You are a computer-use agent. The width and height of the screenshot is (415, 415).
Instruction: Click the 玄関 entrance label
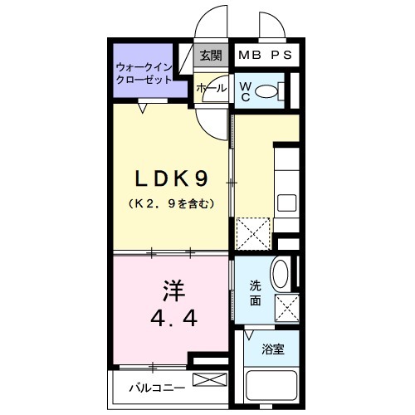tap(211, 56)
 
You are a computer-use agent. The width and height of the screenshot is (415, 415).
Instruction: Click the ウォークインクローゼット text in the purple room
tap(144, 73)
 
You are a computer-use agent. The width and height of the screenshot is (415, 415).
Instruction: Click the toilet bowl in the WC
tap(267, 91)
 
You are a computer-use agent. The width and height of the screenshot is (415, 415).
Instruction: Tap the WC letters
tap(246, 90)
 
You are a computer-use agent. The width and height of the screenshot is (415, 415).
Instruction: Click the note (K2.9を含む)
tap(172, 203)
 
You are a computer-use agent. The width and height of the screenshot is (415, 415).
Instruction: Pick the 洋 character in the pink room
tap(172, 291)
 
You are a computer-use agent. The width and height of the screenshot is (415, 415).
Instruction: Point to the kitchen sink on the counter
tap(286, 203)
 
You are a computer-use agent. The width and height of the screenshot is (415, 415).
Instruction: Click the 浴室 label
tap(274, 349)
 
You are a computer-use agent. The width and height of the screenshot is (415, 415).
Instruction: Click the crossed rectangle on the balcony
tap(208, 380)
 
